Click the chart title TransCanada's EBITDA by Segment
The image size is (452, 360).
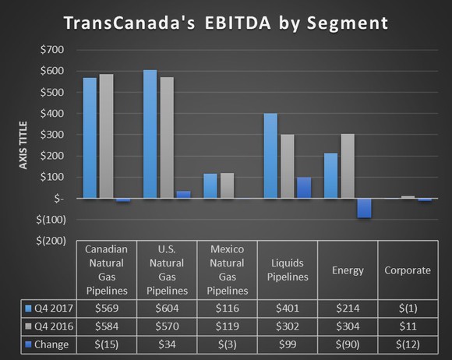(226, 23)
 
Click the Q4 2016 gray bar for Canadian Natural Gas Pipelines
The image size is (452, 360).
(106, 136)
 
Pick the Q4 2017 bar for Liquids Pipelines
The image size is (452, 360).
(270, 156)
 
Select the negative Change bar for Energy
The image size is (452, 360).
(364, 208)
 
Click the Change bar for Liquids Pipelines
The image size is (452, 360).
(303, 188)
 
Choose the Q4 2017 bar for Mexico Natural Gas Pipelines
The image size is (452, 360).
(210, 186)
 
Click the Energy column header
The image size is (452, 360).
(348, 270)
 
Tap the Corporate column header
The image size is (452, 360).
(408, 270)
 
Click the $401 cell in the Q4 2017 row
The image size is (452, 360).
(287, 308)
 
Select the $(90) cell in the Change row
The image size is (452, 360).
(348, 344)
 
